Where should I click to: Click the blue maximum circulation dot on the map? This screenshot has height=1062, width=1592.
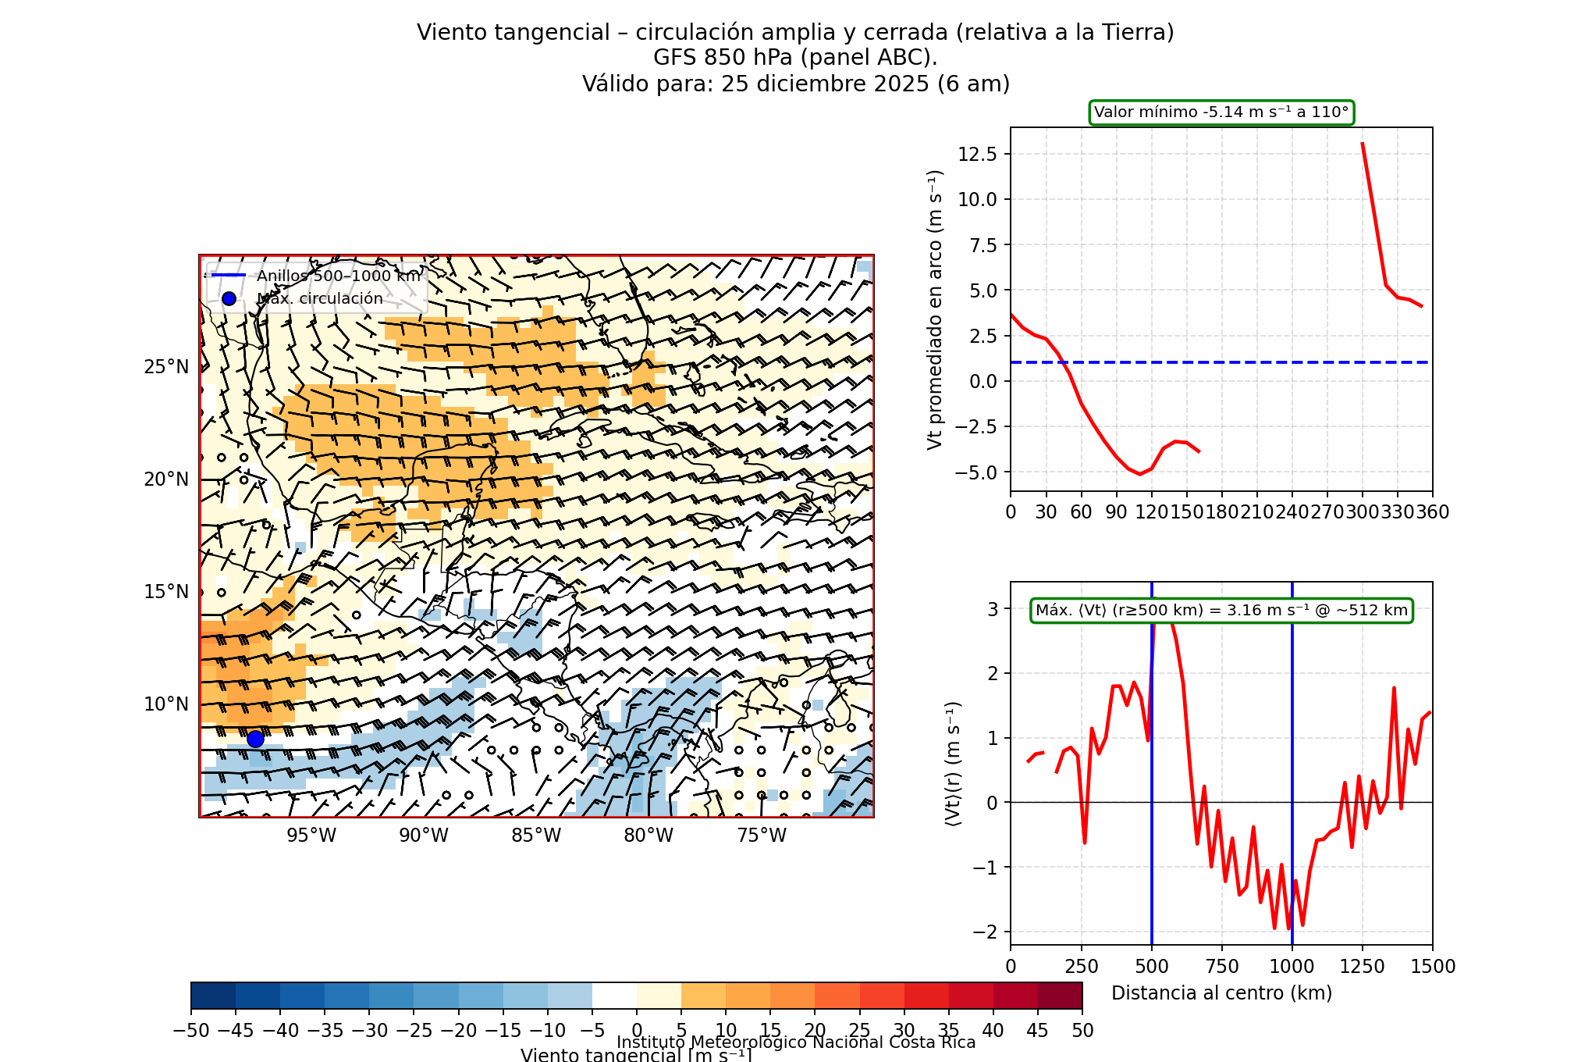coord(255,739)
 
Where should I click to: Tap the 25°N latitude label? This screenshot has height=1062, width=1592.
coord(166,367)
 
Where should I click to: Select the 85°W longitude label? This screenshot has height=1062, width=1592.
coord(536,836)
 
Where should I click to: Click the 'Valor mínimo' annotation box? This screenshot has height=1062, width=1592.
coord(1221,112)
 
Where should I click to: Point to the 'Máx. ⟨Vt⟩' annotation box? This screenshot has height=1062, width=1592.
coord(1221,611)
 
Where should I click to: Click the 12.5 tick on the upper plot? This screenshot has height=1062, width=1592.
coord(977,154)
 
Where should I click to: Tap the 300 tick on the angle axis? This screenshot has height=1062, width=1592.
coord(1362,512)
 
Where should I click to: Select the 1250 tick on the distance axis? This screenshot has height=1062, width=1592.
coord(1362,967)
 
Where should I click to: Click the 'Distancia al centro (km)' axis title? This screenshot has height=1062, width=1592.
coord(1221,993)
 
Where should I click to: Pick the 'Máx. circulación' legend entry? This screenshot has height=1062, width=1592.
coord(320,298)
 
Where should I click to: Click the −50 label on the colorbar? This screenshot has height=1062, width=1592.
coord(191,1031)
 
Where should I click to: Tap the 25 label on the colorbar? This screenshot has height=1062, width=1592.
coord(859,1031)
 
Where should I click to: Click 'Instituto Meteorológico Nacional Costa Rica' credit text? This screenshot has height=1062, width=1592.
coord(796,1042)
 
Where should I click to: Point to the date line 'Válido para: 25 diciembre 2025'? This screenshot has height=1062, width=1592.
coord(796,84)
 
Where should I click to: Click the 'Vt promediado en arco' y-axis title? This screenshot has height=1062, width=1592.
coord(935,310)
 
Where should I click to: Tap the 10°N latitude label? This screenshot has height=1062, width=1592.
coord(166,704)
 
